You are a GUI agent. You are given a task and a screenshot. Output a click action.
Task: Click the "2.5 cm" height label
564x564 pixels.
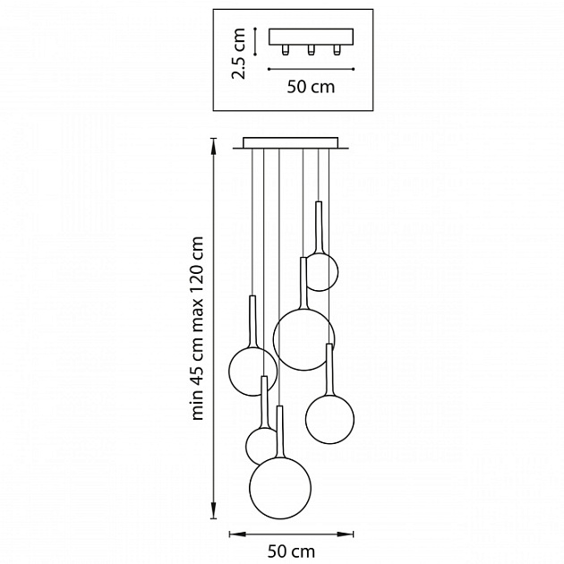tap(239, 53)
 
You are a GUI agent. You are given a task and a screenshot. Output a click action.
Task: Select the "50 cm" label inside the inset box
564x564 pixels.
tap(310, 87)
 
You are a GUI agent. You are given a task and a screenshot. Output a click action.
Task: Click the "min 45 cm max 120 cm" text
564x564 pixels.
tap(199, 328)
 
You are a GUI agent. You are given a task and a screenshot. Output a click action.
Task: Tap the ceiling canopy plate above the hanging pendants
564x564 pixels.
tap(292, 142)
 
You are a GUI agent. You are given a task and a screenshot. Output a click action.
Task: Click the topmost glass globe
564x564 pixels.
tap(320, 272)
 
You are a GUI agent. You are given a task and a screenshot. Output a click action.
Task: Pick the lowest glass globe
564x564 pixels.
tap(280, 488)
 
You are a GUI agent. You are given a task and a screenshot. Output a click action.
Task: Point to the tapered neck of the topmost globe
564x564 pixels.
tap(319, 228)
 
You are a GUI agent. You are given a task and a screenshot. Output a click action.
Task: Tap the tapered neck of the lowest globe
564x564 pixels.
tap(280, 434)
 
